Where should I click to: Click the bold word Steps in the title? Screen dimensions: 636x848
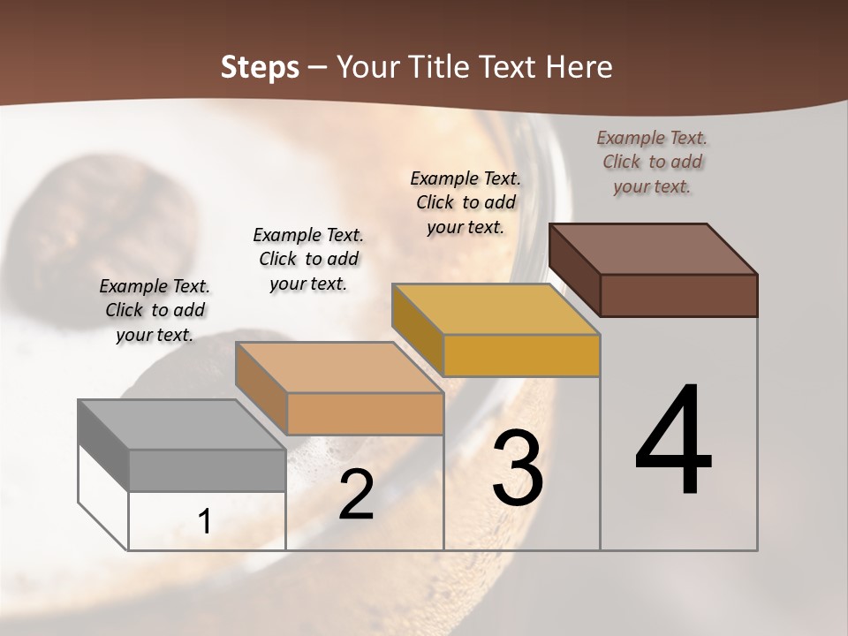(260, 67)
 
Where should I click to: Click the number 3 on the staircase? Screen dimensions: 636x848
(518, 468)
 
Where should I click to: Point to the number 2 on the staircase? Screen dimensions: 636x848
(357, 495)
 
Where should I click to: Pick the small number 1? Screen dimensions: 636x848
(205, 522)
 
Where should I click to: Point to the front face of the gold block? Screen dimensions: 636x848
(521, 355)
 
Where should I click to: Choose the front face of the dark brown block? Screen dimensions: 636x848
(678, 295)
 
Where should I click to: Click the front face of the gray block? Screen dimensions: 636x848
(207, 470)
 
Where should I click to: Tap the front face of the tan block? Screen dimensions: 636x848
(364, 413)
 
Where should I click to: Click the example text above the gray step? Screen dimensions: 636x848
(155, 310)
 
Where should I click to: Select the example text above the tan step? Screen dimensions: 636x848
(308, 259)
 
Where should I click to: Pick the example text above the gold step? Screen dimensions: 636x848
(466, 202)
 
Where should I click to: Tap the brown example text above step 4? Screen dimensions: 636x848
(652, 162)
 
